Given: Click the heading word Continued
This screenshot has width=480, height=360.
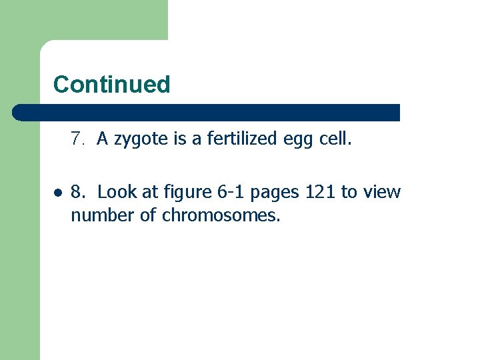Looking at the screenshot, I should click(x=112, y=85).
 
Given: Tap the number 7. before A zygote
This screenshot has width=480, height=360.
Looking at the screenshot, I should click(x=79, y=139).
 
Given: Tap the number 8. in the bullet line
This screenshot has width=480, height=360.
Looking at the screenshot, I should click(x=79, y=193).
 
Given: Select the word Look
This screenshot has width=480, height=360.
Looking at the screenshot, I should click(x=117, y=193).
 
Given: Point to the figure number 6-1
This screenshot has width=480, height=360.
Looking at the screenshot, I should click(x=230, y=193).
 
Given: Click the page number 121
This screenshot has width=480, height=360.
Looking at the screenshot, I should click(x=321, y=193).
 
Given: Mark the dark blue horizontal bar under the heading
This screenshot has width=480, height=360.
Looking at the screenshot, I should click(x=207, y=113).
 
